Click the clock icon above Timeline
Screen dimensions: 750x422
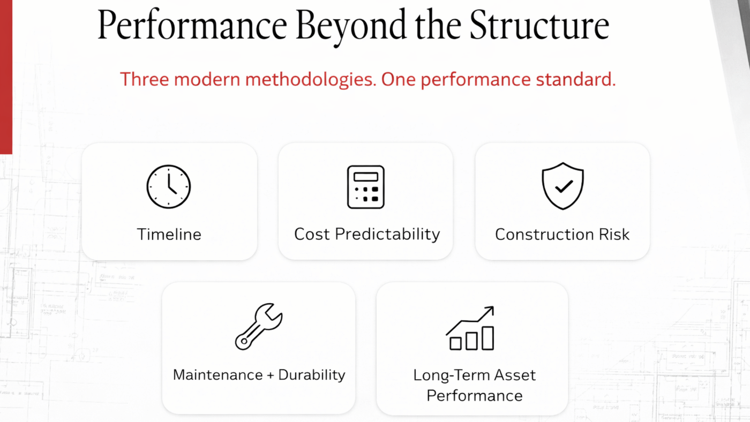[168, 187]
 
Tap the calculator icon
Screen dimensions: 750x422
[365, 187]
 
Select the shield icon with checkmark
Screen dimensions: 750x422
[562, 186]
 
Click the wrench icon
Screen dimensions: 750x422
[258, 327]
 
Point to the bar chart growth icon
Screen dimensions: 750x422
[470, 328]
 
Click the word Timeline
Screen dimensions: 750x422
[169, 234]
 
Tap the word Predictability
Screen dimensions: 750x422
[387, 234]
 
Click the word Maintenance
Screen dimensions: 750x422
[217, 375]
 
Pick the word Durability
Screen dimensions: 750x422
[311, 375]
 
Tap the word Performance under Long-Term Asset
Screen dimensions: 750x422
[475, 396]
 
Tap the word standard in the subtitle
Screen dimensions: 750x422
[575, 79]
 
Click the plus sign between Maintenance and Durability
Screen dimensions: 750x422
[271, 375]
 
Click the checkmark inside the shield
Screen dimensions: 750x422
[564, 186]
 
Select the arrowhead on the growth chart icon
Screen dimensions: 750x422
[490, 310]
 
